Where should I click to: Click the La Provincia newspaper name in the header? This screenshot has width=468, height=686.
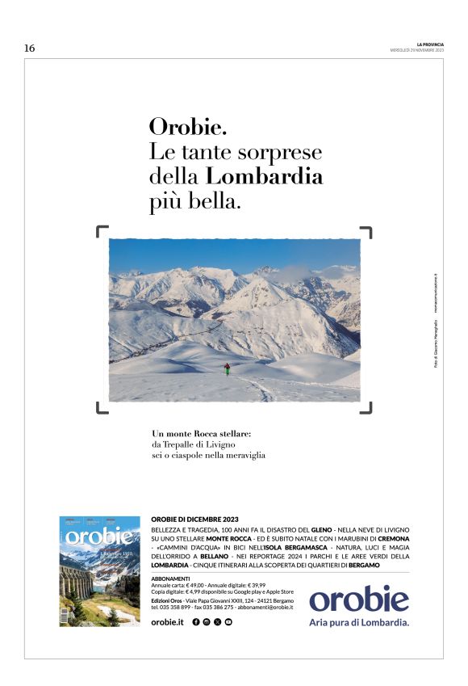(430, 44)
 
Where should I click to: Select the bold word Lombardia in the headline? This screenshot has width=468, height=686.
(265, 176)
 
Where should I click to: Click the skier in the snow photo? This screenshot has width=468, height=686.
(228, 368)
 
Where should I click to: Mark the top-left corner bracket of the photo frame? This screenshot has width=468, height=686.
(102, 233)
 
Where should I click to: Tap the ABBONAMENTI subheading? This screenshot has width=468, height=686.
(170, 579)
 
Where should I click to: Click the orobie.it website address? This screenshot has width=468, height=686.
(168, 621)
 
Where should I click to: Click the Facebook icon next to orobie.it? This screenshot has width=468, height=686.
(196, 621)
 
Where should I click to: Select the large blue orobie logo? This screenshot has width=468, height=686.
(359, 599)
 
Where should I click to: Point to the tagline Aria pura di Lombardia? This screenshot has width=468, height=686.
(359, 622)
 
